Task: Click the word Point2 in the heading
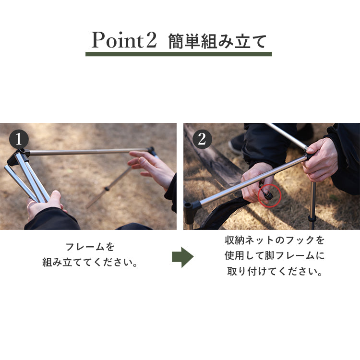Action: pos(124,40)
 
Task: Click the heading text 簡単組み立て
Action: pos(217,41)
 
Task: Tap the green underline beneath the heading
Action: pos(179,54)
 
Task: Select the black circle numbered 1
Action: pos(19,139)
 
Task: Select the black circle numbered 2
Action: pos(202,139)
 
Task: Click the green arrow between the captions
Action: pos(182,257)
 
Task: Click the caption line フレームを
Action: pos(90,247)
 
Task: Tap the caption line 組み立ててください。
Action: pos(90,262)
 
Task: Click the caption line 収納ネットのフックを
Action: pos(275,240)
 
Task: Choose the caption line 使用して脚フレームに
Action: pos(275,255)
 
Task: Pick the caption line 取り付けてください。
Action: pos(275,271)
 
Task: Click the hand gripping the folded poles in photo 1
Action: pos(45,204)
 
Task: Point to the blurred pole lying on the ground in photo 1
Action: pos(108,188)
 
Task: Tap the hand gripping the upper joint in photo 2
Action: pos(320,159)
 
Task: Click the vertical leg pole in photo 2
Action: pos(312,205)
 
